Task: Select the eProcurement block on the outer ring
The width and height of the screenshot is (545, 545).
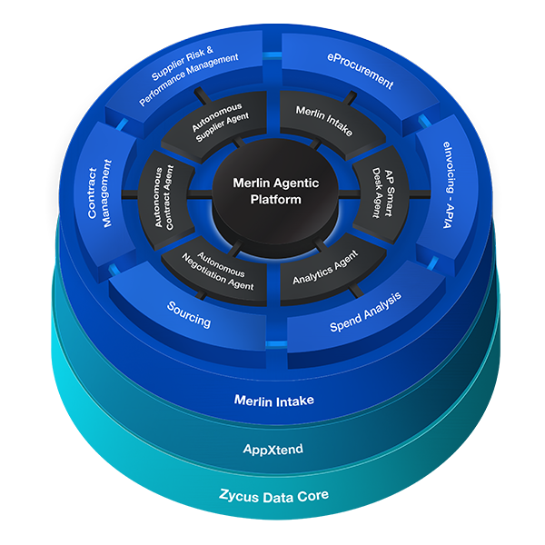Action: (x=360, y=71)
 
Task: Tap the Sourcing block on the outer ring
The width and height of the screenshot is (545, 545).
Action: (x=189, y=321)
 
